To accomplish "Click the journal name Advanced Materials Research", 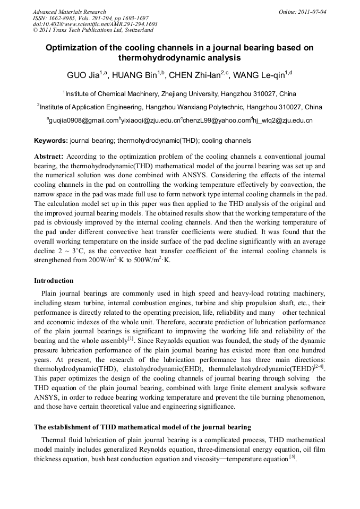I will [69, 12].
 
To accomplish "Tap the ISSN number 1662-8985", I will [64, 18].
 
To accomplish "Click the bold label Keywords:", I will [51, 141].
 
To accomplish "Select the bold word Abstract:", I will [49, 157].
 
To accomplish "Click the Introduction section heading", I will [54, 281].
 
